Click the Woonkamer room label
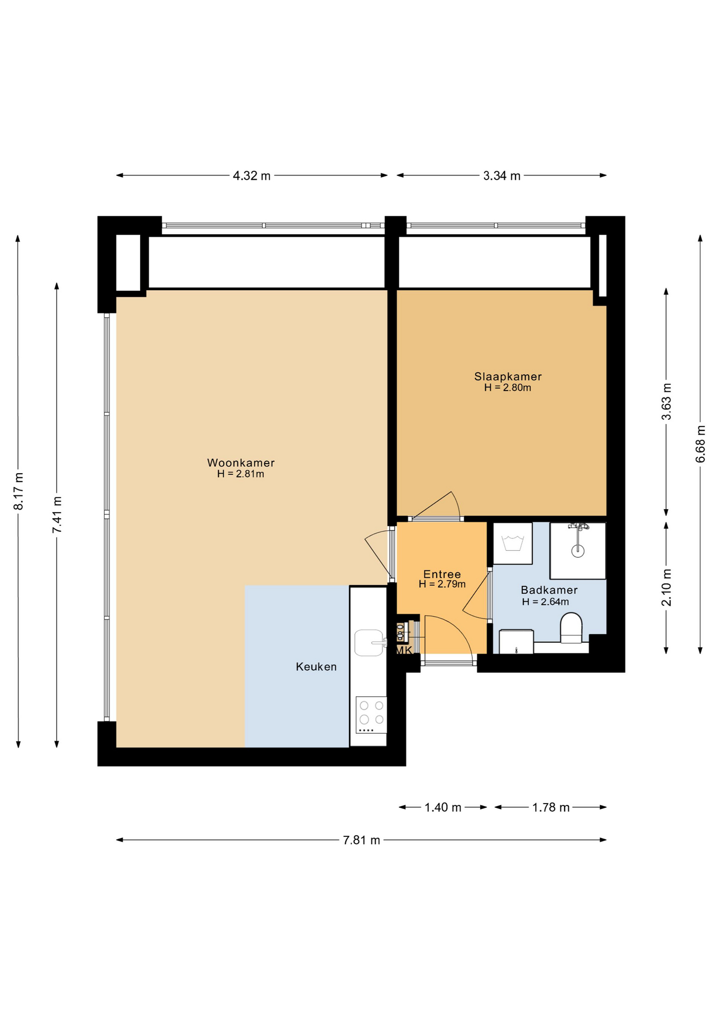(x=241, y=463)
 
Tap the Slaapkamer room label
(x=508, y=376)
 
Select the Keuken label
(x=316, y=667)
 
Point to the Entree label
(x=442, y=574)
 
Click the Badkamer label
(x=549, y=590)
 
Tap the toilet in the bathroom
(x=571, y=628)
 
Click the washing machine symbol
(x=512, y=543)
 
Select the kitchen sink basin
(x=369, y=643)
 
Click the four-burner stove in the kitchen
(x=371, y=715)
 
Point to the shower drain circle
(x=578, y=551)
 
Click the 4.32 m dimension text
(x=252, y=176)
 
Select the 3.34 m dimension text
(x=502, y=176)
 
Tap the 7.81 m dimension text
(x=362, y=840)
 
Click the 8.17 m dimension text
(x=19, y=491)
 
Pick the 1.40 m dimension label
(x=443, y=807)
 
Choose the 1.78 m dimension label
(x=551, y=807)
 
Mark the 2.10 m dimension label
(x=666, y=587)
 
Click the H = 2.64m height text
(x=545, y=602)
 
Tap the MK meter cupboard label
(x=404, y=651)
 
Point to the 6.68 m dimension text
(x=701, y=444)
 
